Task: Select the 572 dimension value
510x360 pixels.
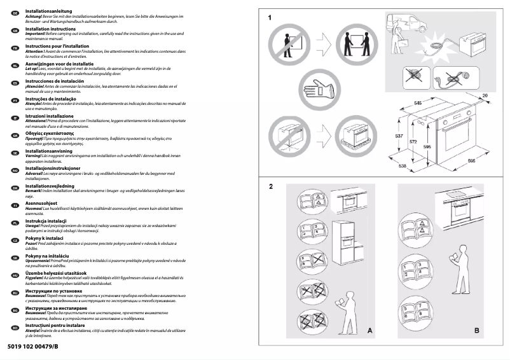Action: point(413,141)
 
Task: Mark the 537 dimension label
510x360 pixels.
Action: point(398,137)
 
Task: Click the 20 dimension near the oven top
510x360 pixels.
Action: point(485,95)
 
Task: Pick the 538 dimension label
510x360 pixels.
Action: point(403,166)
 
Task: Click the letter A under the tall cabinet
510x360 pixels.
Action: point(369,331)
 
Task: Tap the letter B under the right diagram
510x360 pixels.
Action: point(477,331)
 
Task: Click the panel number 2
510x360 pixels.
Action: point(271,186)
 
